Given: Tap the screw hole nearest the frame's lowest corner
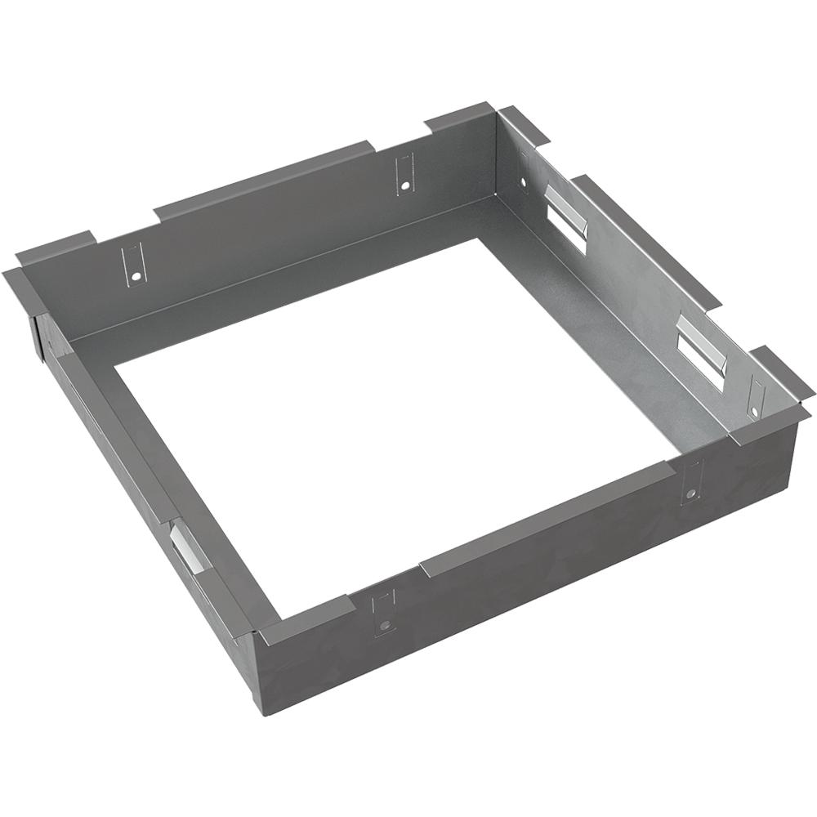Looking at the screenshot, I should point(385,625).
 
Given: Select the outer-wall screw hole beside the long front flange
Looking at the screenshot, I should point(691,494).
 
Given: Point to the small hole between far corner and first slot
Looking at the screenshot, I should point(524,181).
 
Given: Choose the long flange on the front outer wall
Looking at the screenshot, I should point(547,519).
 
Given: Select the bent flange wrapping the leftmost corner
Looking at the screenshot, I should point(25,290).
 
